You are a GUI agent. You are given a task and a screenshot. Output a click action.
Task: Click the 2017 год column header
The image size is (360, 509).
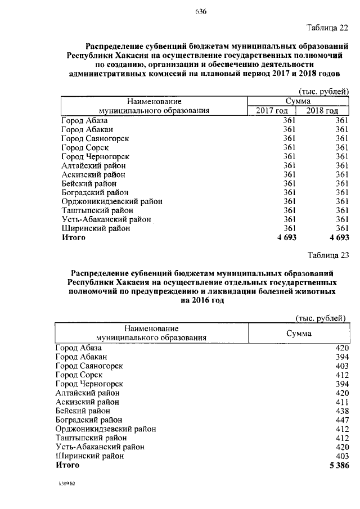click(x=272, y=111)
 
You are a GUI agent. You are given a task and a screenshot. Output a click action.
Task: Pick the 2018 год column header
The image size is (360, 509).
click(x=322, y=111)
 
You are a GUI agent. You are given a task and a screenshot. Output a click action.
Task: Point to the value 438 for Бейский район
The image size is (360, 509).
click(x=342, y=411)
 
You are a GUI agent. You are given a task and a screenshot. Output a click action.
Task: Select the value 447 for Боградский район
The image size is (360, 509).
click(x=342, y=420)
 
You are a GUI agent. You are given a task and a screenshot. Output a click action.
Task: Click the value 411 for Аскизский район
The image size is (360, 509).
click(x=342, y=402)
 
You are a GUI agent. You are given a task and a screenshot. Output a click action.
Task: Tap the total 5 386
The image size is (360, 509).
click(x=338, y=465)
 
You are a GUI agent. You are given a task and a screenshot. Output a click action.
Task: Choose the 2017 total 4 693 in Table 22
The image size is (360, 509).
click(x=286, y=238)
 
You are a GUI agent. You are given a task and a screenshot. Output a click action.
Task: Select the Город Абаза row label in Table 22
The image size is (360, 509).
click(x=84, y=120)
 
